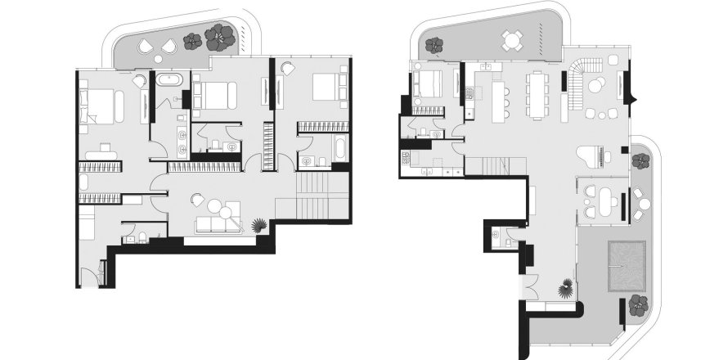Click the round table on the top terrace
513,38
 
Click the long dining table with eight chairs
537,93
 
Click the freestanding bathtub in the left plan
169,81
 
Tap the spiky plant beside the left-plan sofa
259,226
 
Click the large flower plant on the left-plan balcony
219,35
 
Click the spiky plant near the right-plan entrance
564,288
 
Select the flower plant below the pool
639,304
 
